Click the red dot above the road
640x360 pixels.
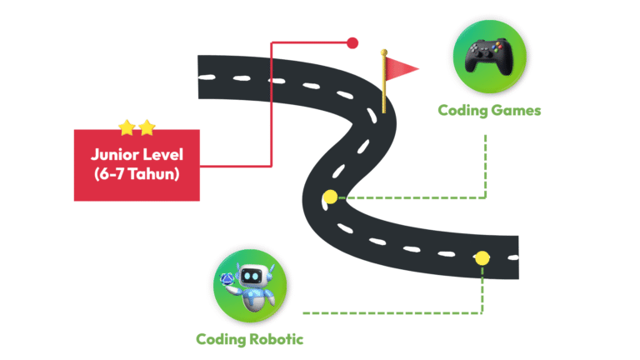[x=352, y=42]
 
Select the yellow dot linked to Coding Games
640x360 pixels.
[x=330, y=197]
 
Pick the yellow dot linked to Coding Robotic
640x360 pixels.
[x=482, y=258]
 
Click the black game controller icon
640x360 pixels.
[x=483, y=57]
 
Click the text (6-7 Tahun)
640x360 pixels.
[x=137, y=175]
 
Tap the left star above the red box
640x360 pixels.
[x=127, y=127]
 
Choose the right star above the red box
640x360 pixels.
[x=147, y=127]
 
